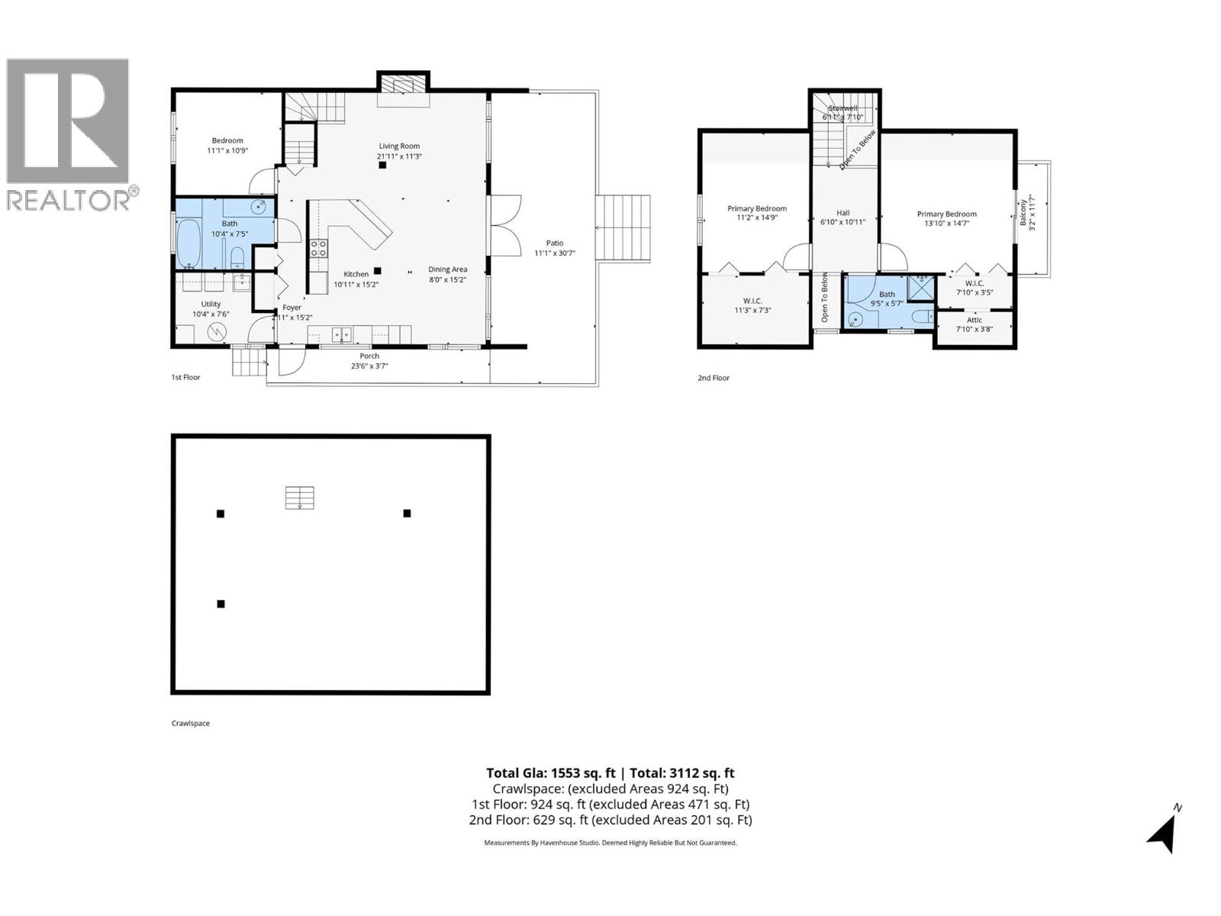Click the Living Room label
(399, 146)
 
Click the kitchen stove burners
(318, 248)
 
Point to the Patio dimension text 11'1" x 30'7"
(554, 253)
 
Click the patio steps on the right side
(623, 228)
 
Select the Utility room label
(211, 304)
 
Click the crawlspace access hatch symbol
(300, 498)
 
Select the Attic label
(975, 320)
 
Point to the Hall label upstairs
(842, 213)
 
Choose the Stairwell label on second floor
(842, 108)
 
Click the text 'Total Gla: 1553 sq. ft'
(550, 773)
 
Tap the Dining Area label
(447, 269)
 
